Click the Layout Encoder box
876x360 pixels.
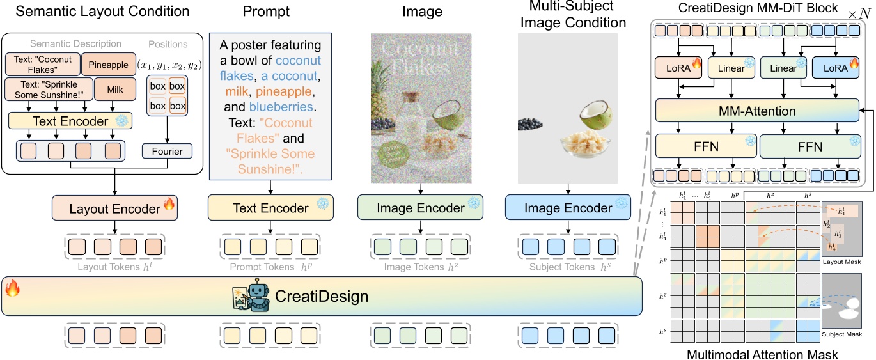114,208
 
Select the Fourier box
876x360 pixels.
167,152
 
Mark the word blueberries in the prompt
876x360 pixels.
281,107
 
